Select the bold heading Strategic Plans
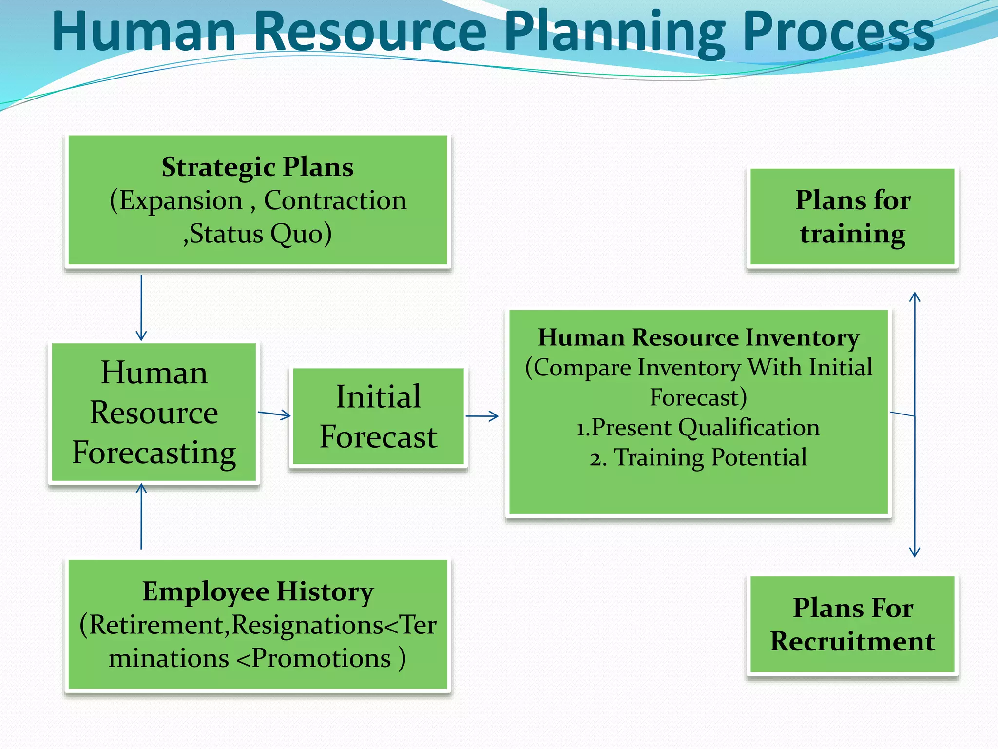click(257, 167)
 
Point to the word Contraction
click(335, 200)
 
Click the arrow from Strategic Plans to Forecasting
click(141, 307)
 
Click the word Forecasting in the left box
click(154, 453)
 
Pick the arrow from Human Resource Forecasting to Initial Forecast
click(274, 414)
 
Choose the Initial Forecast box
click(378, 417)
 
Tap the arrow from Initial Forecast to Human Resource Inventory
click(482, 416)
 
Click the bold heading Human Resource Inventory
click(698, 337)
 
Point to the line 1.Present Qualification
click(698, 428)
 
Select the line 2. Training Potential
click(698, 458)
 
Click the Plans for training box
click(852, 217)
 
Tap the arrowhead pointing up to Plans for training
click(915, 296)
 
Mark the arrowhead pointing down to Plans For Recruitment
click(915, 552)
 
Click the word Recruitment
click(852, 641)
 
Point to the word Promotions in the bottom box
click(322, 659)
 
